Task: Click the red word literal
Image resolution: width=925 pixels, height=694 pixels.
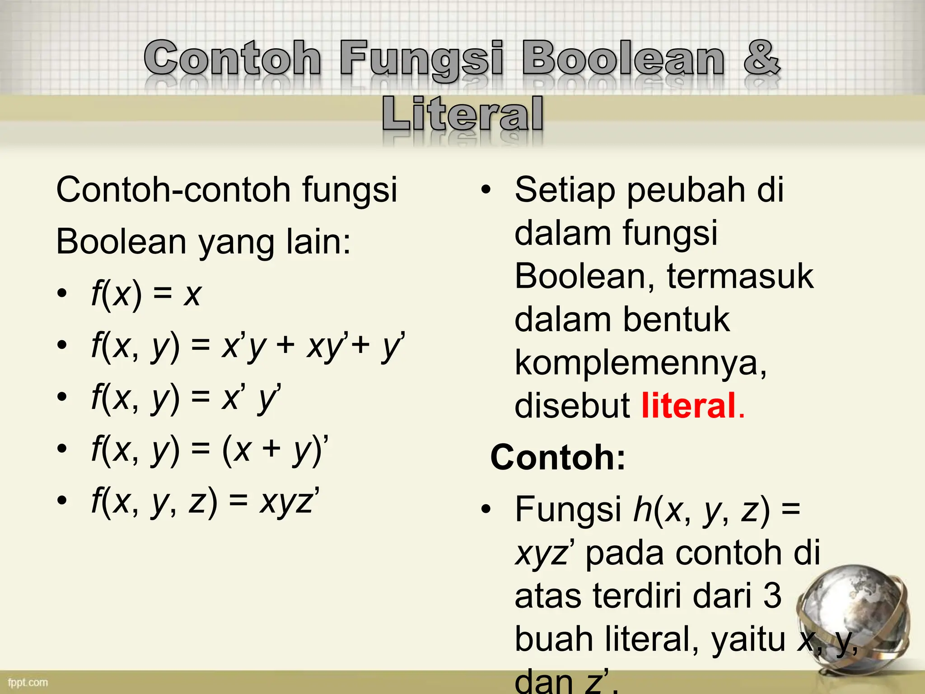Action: tap(688, 405)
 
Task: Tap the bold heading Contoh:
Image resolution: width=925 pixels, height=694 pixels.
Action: tap(558, 457)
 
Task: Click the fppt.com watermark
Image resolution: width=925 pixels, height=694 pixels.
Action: tap(28, 682)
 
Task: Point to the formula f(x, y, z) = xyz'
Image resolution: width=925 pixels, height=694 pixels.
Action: tap(206, 502)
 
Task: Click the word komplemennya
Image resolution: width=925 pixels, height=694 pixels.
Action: tap(640, 363)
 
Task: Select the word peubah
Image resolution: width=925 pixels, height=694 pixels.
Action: tap(686, 190)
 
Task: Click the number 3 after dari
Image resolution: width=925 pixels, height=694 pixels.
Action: tap(772, 596)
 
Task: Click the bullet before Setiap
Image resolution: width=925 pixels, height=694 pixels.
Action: tap(486, 190)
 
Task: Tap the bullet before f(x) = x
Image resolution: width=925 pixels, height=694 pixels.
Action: tap(62, 293)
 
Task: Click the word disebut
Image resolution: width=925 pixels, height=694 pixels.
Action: tap(572, 405)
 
